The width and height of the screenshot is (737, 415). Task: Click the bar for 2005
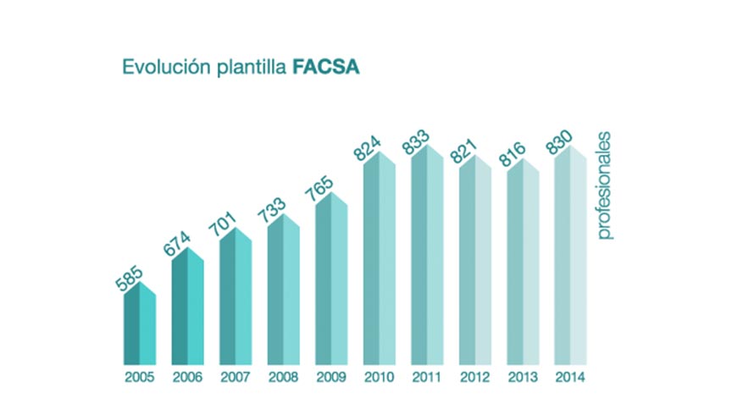coord(140,326)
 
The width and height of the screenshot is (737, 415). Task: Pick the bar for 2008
coord(283,292)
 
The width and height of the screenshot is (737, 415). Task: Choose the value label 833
coord(416,145)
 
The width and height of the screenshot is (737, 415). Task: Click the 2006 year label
coord(187,378)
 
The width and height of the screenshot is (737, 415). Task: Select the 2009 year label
coord(330,378)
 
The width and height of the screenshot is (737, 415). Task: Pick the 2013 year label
coord(522,378)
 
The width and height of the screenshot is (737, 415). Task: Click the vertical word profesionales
coord(605,186)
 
